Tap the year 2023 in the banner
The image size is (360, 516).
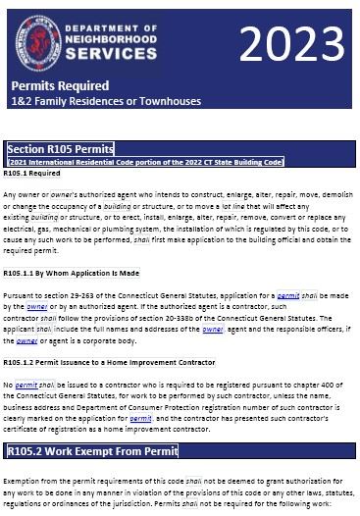coord(291,44)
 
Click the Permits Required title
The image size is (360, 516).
coord(60,86)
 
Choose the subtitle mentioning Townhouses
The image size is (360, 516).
coord(106,101)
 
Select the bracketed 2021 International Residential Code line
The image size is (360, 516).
coord(144,161)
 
